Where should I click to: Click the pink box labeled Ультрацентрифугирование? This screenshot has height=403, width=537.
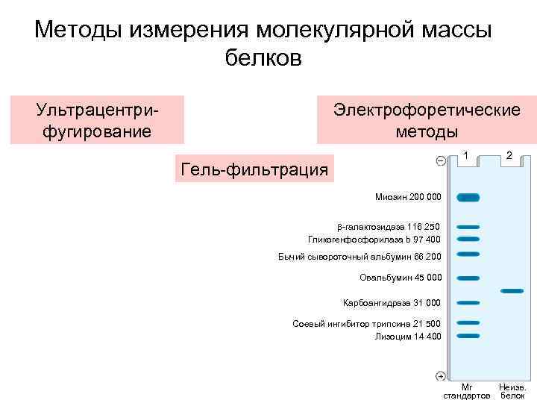tap(97, 120)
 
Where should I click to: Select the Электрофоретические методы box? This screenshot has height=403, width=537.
tap(427, 120)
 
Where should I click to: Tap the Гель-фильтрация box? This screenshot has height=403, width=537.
tap(254, 169)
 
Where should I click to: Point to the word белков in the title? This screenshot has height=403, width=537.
tap(263, 58)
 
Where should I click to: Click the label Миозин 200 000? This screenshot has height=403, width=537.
tap(408, 198)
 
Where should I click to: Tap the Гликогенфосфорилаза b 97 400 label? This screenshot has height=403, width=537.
tap(374, 239)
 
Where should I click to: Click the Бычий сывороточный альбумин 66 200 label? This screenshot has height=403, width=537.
tap(359, 257)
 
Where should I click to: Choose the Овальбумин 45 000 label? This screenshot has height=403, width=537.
tap(401, 278)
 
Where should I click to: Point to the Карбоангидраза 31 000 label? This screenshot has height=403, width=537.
tap(392, 303)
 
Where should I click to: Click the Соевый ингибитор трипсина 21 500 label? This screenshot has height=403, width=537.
tap(367, 323)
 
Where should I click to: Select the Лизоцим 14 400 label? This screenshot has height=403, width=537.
tap(408, 336)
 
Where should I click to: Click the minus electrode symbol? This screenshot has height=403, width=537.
tap(440, 161)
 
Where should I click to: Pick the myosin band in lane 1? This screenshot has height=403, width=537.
tap(468, 198)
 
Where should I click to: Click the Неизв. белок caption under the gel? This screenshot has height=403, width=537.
tap(512, 391)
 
